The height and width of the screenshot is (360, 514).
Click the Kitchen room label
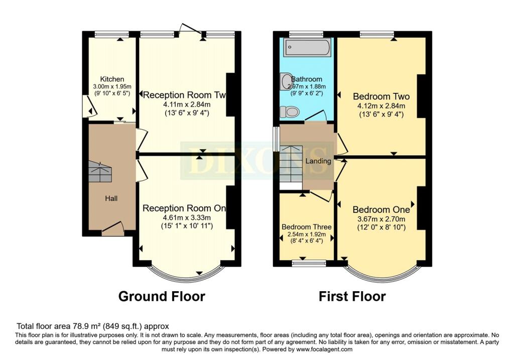click(x=112, y=79)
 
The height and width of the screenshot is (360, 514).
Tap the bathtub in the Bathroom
click(x=307, y=49)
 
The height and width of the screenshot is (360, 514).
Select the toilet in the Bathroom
click(x=290, y=111)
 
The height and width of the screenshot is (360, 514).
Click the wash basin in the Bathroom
click(x=286, y=81)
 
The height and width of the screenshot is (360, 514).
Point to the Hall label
click(x=111, y=199)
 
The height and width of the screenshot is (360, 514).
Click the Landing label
click(x=318, y=161)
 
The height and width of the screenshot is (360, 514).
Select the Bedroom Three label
click(x=303, y=226)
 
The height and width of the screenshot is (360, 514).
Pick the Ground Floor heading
click(x=162, y=296)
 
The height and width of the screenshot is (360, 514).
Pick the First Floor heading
click(x=352, y=296)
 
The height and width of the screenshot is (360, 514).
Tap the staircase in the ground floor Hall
click(x=100, y=172)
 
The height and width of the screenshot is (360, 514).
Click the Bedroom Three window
click(x=309, y=262)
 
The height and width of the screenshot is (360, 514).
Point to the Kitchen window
click(x=111, y=35)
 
